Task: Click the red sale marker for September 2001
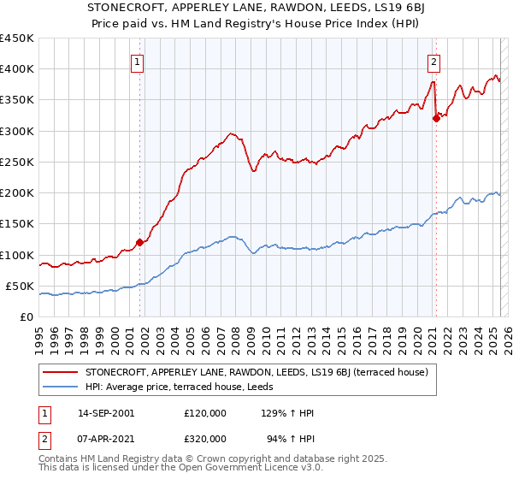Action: click(x=139, y=242)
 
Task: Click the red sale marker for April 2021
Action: click(x=436, y=119)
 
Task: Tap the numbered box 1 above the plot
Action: click(x=138, y=61)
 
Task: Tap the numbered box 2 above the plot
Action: click(x=434, y=61)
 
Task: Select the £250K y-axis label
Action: click(x=17, y=162)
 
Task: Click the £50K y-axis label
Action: click(x=21, y=286)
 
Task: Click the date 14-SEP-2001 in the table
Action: click(x=106, y=413)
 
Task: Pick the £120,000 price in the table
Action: click(x=205, y=413)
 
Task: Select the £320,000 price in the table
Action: click(x=205, y=439)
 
